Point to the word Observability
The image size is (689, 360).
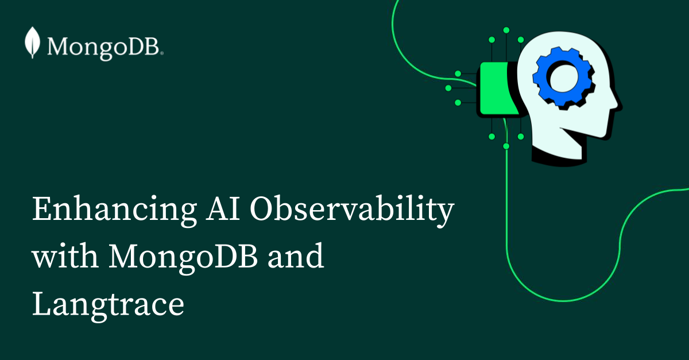pos(351,210)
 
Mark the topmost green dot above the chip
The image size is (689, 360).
pos(506,29)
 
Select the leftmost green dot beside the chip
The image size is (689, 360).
pos(448,88)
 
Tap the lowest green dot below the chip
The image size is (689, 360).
pos(506,146)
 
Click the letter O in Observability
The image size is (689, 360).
pos(264,210)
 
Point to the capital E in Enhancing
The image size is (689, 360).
pos(42,210)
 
